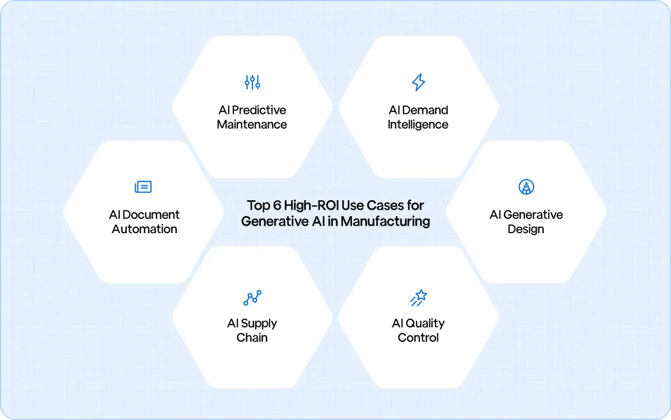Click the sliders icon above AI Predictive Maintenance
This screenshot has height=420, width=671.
pos(252,82)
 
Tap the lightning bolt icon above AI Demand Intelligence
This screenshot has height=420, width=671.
pos(418,82)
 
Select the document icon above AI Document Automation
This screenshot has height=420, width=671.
pos(143,187)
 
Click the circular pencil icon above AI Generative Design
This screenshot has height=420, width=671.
pos(526,187)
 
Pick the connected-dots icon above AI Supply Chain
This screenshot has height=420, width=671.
pos(252,298)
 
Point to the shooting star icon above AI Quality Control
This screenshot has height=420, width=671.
pos(418,298)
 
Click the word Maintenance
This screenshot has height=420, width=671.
pos(252,125)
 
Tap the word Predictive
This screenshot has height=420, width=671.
pos(259,110)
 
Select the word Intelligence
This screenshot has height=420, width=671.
pos(418,125)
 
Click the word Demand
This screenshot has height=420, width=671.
pos(425,110)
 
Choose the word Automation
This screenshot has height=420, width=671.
pos(144,229)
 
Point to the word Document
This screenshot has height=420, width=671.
pos(152,215)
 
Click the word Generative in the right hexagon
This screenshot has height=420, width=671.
pos(533,215)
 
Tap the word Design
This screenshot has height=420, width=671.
pos(526,229)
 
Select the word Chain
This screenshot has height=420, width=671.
pos(252,337)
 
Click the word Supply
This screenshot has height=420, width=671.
pos(259,324)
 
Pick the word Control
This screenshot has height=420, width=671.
pos(418,337)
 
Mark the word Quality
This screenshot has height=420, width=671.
pos(425,324)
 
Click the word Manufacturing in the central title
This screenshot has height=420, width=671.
pos(386,221)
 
